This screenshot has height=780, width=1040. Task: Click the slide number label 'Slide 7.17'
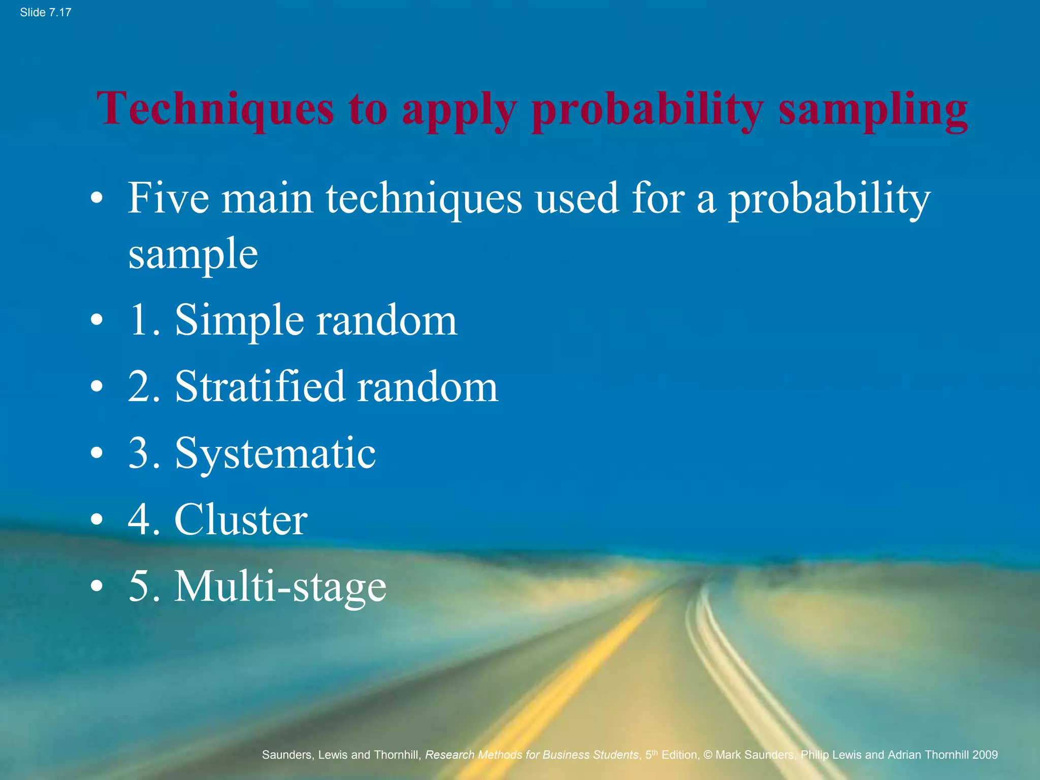tap(45, 13)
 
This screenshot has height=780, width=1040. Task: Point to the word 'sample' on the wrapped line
tap(193, 254)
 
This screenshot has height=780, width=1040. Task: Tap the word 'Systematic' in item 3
tap(275, 453)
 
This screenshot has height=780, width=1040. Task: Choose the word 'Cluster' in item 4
tap(241, 519)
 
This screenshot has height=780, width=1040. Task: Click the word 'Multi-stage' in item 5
tap(280, 587)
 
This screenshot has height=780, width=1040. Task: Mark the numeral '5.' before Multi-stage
tap(144, 587)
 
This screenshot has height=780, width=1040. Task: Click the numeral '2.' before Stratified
tap(144, 387)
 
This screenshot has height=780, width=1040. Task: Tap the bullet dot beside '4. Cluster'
tap(96, 520)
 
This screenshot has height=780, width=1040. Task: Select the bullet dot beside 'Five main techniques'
tap(96, 199)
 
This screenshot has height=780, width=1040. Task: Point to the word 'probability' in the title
tap(647, 108)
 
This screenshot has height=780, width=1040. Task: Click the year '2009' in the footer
tap(985, 755)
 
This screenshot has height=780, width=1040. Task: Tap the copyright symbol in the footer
tap(708, 755)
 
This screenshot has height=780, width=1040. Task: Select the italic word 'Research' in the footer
tap(450, 755)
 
